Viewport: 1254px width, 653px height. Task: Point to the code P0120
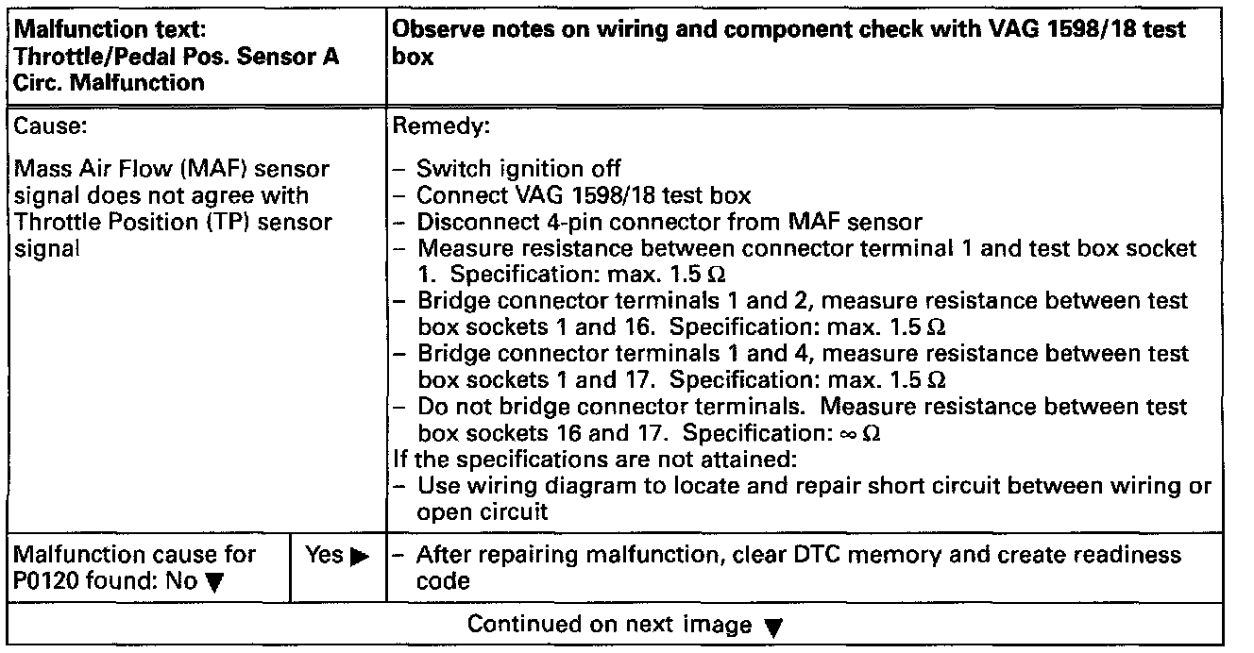click(48, 581)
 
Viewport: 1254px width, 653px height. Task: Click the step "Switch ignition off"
click(518, 169)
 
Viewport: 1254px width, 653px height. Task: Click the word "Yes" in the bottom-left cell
click(324, 556)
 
